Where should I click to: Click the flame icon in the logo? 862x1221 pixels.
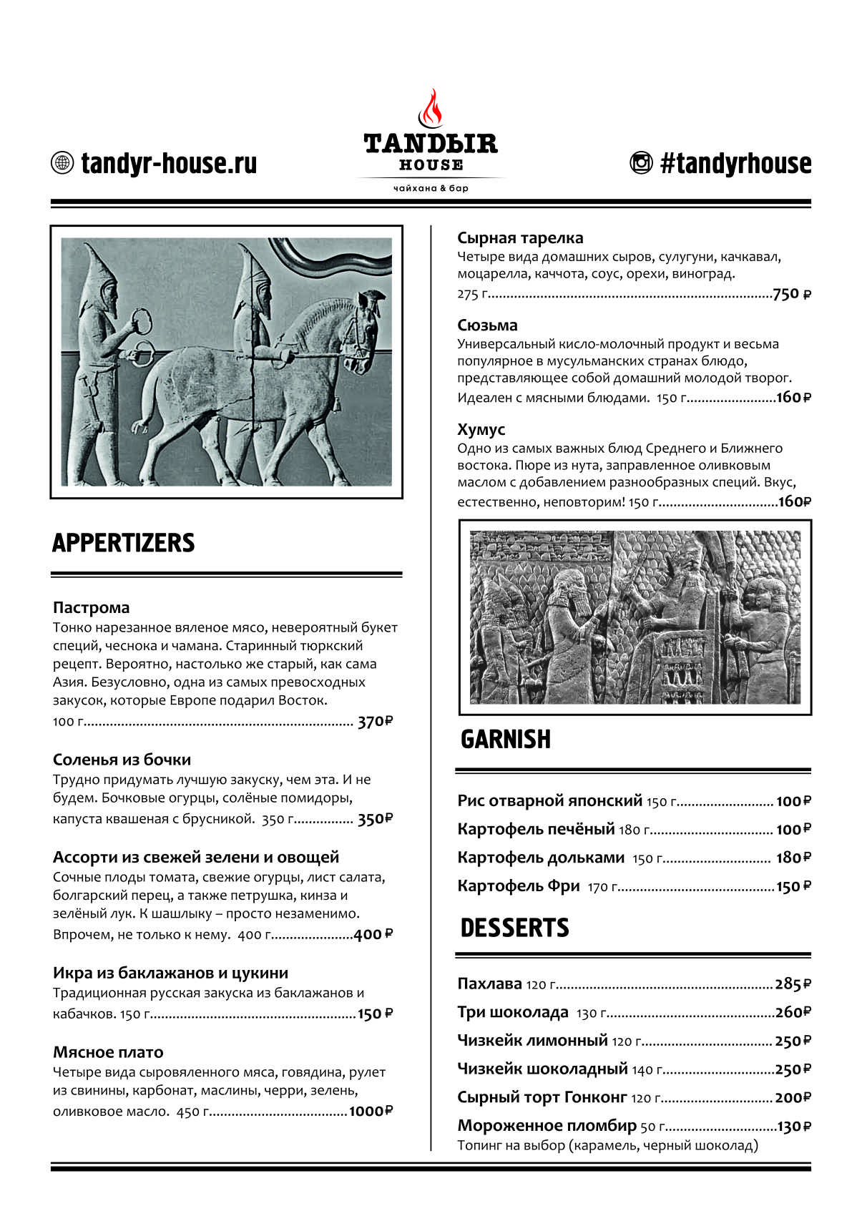(431, 109)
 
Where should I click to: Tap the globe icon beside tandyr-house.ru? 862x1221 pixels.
(63, 163)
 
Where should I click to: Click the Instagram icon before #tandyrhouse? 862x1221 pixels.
(641, 163)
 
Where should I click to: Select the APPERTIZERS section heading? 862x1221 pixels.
(123, 543)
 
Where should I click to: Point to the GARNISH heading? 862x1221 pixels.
(505, 740)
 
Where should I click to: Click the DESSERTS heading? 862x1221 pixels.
(514, 928)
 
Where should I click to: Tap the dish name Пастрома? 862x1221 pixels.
(91, 608)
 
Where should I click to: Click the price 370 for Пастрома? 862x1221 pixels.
(371, 722)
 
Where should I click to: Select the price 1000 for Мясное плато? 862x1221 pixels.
(366, 1111)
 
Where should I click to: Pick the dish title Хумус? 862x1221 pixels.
(481, 430)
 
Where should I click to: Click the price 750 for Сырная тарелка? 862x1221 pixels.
(786, 294)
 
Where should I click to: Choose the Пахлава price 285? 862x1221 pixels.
(788, 984)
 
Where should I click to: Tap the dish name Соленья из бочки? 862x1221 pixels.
(122, 760)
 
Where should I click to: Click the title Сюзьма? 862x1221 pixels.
(487, 325)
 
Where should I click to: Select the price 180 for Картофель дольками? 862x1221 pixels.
(788, 858)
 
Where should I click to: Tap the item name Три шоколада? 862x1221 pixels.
(512, 1013)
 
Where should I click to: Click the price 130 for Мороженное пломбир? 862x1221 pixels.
(789, 1127)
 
